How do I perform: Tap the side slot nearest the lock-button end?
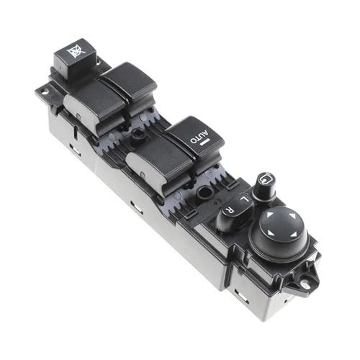(x=73, y=149)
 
